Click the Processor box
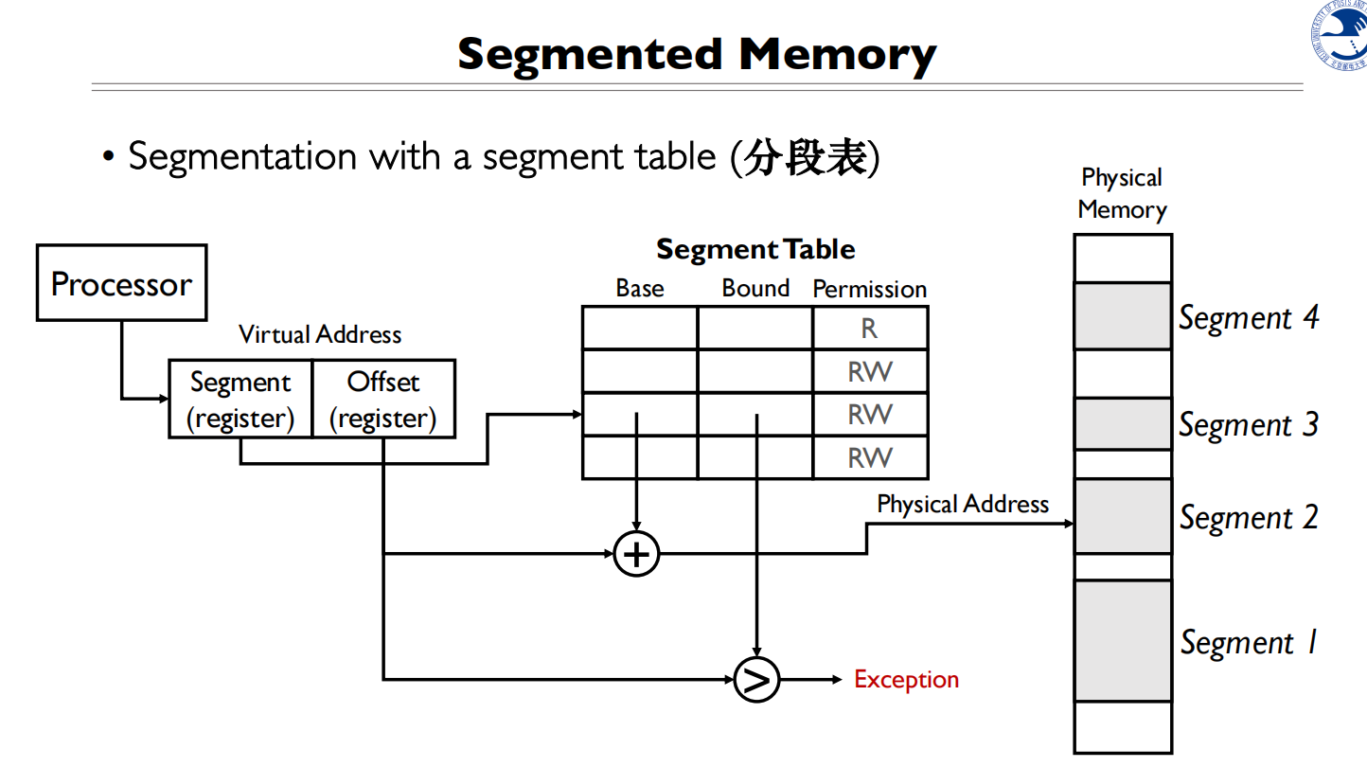pos(121,283)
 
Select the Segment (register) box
pos(240,399)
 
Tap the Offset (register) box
pos(383,399)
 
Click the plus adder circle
pos(636,553)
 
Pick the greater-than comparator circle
pos(756,679)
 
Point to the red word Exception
pos(906,679)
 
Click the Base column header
pos(640,288)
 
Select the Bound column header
pos(755,288)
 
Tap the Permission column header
pos(869,289)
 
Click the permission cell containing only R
pos(869,329)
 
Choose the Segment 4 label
pos(1249,317)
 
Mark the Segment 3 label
pos(1249,425)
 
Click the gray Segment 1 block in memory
pos(1123,640)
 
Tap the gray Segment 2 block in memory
pos(1123,516)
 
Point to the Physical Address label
pos(963,504)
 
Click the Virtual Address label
pos(320,334)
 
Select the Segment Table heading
pos(755,249)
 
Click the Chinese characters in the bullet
pos(806,157)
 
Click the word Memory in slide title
pos(838,55)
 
